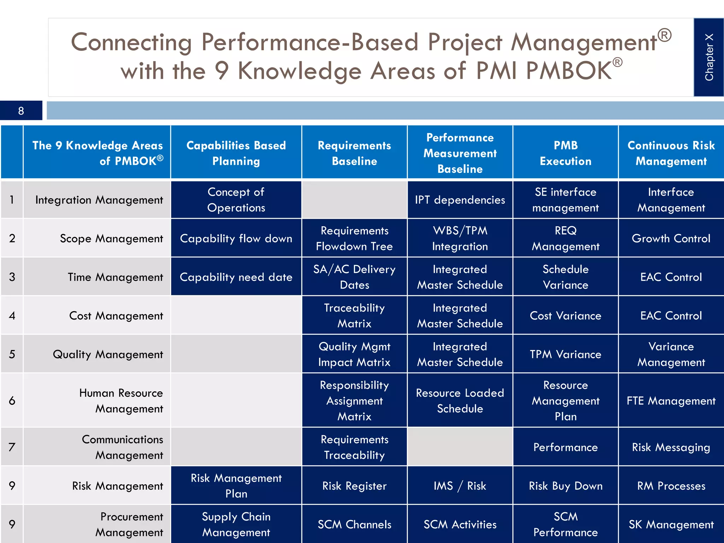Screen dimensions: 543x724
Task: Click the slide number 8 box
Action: click(x=21, y=111)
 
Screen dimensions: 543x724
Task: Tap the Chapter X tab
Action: click(x=709, y=57)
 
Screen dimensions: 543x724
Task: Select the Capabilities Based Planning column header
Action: click(x=236, y=153)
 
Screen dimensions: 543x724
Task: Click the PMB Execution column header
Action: click(x=565, y=153)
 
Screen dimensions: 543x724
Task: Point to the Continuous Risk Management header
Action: click(x=671, y=153)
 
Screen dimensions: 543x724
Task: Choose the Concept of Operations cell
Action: click(x=236, y=200)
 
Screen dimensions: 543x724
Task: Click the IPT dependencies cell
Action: click(x=460, y=200)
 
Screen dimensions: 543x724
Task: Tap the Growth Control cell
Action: click(x=671, y=238)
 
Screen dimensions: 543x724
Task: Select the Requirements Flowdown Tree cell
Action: click(x=354, y=238)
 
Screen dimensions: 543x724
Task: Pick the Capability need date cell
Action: click(x=236, y=277)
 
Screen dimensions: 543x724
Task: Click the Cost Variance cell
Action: click(x=565, y=315)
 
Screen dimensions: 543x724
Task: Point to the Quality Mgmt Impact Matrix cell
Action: click(x=354, y=354)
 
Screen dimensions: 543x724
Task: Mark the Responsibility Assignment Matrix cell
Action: click(x=354, y=401)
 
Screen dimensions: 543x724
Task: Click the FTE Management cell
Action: click(x=671, y=401)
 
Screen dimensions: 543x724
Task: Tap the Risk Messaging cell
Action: click(x=671, y=447)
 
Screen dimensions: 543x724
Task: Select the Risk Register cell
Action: click(x=354, y=486)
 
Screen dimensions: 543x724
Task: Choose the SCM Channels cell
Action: click(x=354, y=524)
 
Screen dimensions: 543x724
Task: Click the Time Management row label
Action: click(x=115, y=277)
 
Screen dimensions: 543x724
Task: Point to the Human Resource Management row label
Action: click(x=121, y=401)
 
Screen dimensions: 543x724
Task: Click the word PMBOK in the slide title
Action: click(x=568, y=71)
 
